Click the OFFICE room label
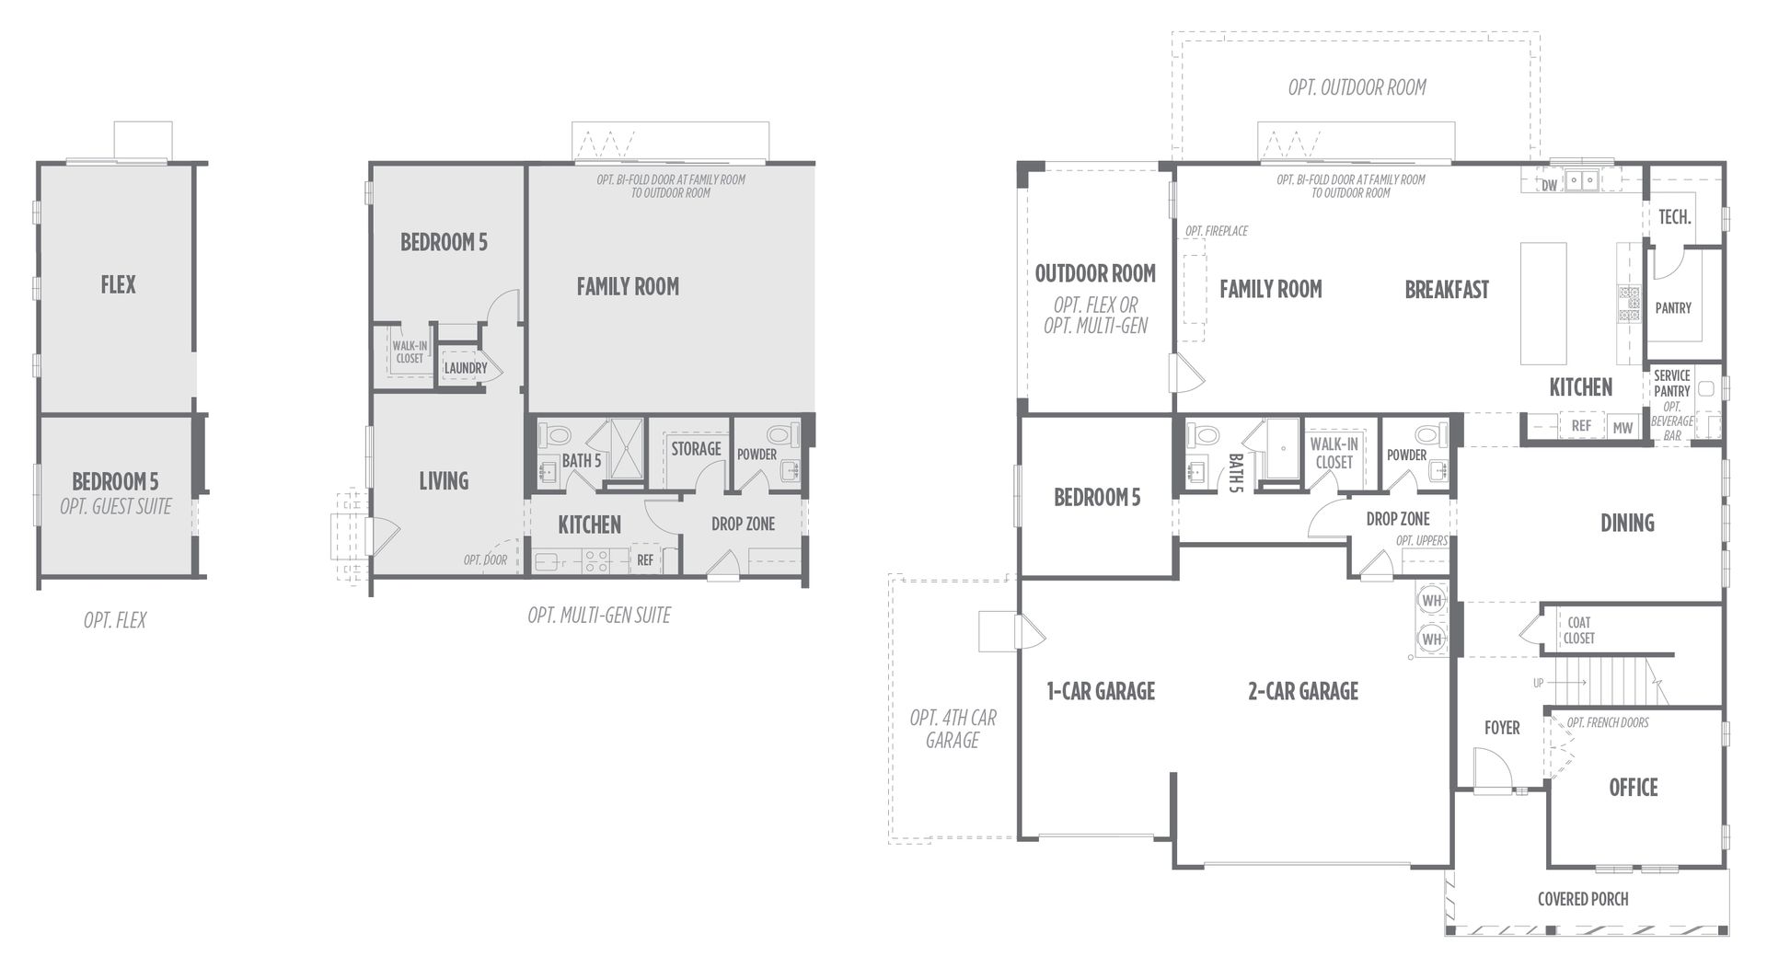(1633, 788)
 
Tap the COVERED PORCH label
(1583, 899)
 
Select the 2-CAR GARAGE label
(1303, 691)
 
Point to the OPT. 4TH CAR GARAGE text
(953, 729)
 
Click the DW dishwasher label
(1550, 186)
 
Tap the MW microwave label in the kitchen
(1623, 427)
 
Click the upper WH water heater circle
(1432, 601)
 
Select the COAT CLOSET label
(1579, 630)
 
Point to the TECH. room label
(1675, 217)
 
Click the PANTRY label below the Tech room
(1673, 308)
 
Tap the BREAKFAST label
(1447, 290)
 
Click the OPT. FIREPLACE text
(1217, 231)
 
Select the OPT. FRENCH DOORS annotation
(1608, 722)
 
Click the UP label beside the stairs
(1538, 683)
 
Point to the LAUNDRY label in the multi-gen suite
(466, 368)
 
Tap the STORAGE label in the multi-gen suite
(696, 449)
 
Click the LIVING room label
(444, 481)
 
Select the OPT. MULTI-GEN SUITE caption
(599, 616)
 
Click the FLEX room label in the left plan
(118, 285)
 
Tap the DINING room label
(1627, 524)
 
